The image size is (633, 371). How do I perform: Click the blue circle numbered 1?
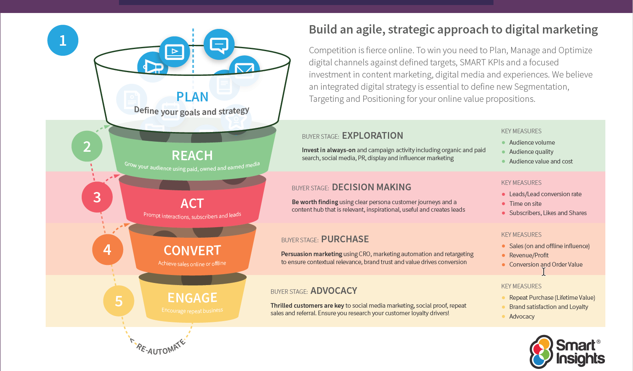point(63,40)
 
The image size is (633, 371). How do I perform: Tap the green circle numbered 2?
point(87,146)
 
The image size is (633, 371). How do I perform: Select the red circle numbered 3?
point(97,197)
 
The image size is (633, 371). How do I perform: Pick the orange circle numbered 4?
point(107,249)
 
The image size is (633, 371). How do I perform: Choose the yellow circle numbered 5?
point(119,301)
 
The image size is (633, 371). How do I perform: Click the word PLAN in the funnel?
point(192,97)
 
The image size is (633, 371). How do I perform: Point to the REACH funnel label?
point(192,156)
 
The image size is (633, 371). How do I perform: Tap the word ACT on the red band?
point(192,203)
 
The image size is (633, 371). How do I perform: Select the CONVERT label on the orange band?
point(192,250)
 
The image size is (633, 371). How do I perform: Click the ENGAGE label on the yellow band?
point(192,298)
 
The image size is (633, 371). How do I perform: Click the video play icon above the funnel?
point(175,52)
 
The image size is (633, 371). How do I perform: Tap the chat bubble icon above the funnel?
point(219,44)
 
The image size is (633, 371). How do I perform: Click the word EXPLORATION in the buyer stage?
point(372,136)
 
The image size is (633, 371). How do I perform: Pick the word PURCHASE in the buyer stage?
point(345,239)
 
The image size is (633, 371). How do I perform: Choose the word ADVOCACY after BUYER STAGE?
point(333,291)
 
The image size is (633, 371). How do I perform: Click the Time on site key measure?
point(525,204)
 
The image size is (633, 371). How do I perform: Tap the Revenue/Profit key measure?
point(529,255)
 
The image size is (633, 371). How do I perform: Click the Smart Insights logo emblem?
point(541,352)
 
